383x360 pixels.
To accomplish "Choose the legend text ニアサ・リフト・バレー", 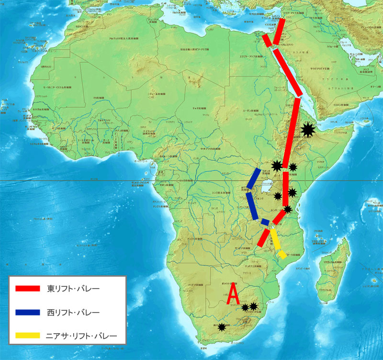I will point(82,335).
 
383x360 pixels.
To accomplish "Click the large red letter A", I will point(233,294).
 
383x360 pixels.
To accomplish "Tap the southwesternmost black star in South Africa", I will point(222,327).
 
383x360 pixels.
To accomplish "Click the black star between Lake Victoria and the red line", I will point(277,195).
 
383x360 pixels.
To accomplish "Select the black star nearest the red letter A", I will point(245,307).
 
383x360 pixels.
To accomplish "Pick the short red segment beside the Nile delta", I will point(267,40).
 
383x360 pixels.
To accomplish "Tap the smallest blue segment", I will point(264,222).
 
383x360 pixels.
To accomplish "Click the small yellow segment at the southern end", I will point(283,254).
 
